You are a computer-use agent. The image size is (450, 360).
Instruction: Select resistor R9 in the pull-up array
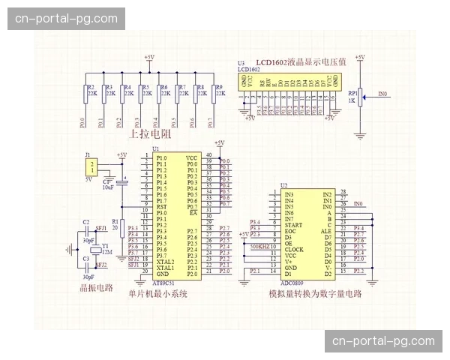pos(213,93)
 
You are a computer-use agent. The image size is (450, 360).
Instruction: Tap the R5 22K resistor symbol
pos(139,93)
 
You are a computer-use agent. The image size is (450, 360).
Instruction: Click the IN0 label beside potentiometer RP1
pos(382,94)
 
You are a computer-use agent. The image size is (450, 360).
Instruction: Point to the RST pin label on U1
pos(161,207)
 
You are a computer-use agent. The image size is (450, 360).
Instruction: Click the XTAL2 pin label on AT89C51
pos(165,261)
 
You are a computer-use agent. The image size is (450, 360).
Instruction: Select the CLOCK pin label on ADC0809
pos(294,249)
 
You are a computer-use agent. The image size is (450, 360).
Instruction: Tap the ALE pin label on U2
pos(327,231)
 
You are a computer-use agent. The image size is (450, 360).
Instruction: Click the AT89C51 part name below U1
pos(164,283)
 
